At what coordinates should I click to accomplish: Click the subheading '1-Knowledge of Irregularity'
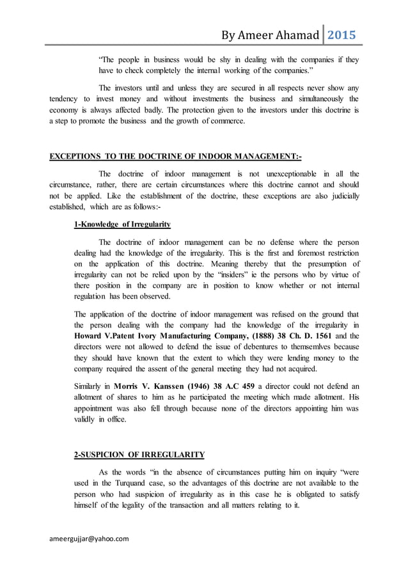point(123,224)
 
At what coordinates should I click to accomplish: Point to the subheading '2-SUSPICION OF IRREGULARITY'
point(139,455)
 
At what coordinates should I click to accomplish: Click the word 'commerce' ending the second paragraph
point(226,120)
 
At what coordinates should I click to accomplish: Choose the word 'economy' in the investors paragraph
point(68,110)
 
